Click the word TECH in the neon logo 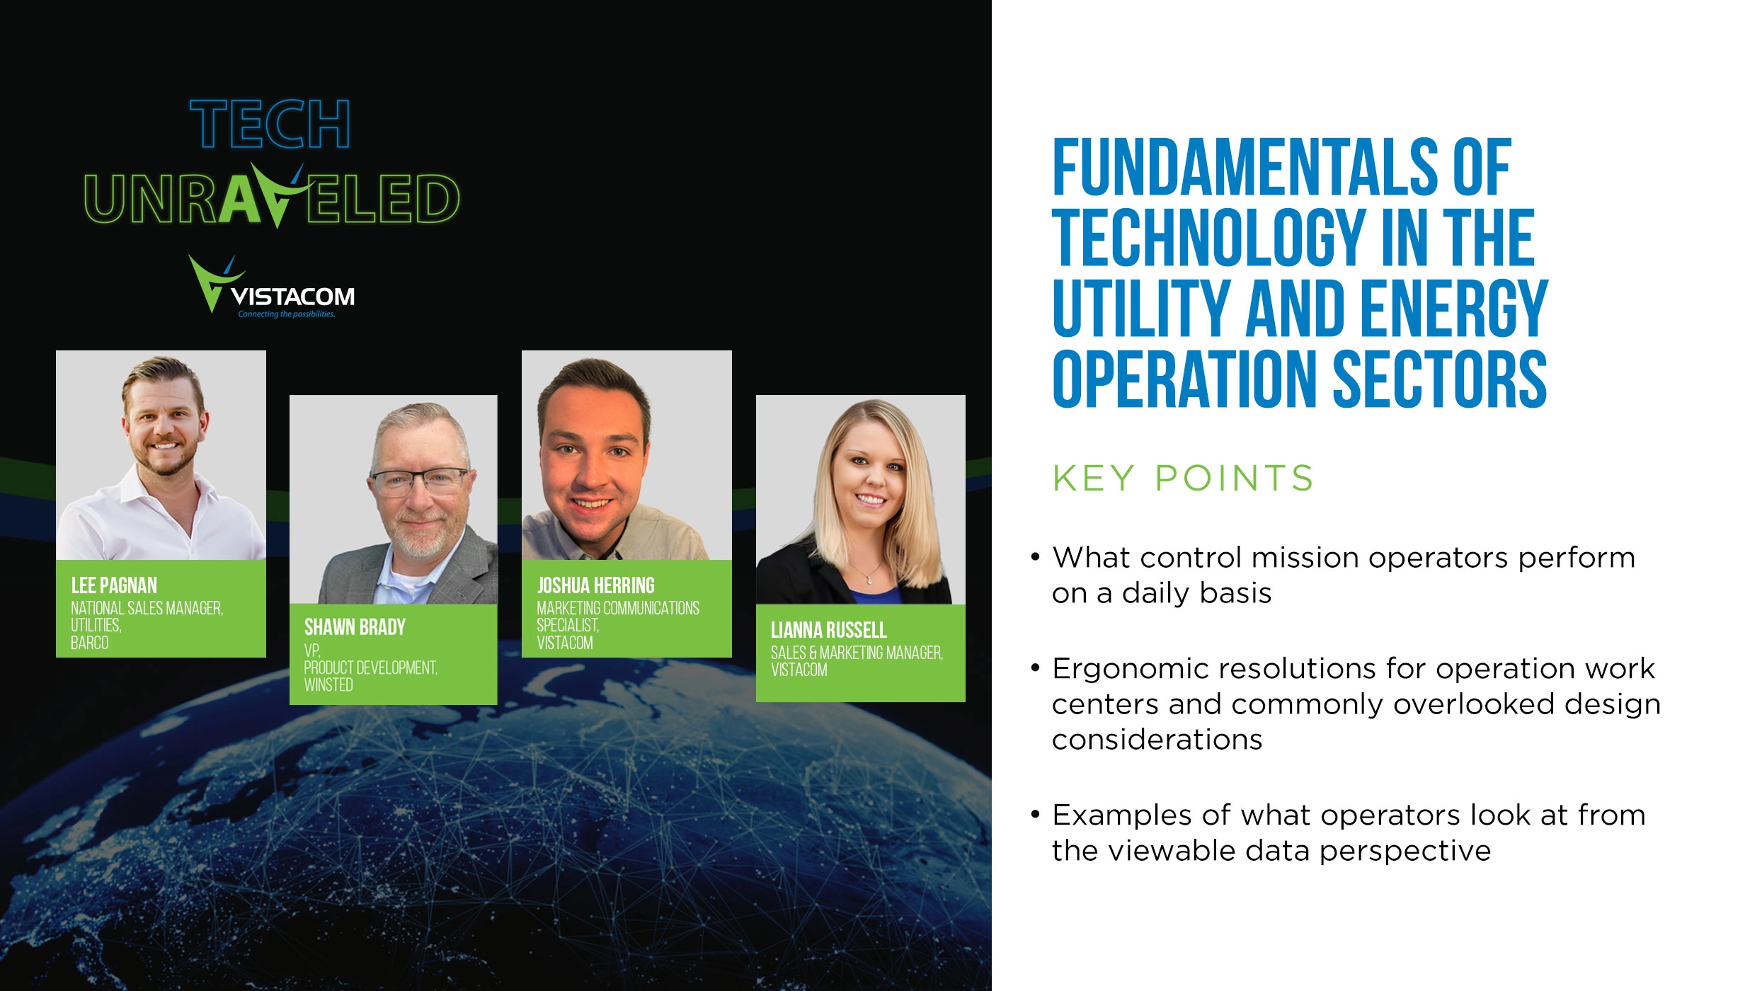[270, 125]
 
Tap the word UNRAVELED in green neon [272, 199]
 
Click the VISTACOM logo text [292, 296]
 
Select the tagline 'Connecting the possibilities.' [286, 314]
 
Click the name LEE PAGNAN [114, 585]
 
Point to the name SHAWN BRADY [355, 627]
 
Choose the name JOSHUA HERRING [595, 585]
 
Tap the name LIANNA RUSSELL [828, 630]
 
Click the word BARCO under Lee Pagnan [90, 643]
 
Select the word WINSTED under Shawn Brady [328, 684]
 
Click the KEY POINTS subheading [1182, 479]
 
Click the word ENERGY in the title [1454, 309]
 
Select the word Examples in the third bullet [1122, 815]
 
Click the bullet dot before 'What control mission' [1036, 557]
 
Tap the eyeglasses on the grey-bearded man [419, 481]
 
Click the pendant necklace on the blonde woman [869, 579]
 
